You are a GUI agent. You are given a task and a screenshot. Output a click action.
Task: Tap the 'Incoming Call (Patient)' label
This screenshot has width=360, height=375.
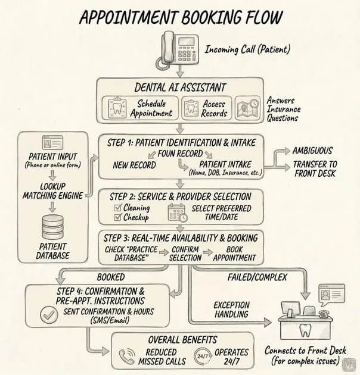point(247,49)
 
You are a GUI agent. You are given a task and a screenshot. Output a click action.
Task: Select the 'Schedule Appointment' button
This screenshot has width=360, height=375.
point(140,108)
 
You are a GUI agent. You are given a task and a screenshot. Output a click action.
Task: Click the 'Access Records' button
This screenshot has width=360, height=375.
point(207,108)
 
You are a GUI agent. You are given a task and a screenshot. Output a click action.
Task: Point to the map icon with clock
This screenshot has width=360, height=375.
point(247,108)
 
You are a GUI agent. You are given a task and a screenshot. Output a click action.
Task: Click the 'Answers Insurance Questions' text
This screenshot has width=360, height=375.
point(284,109)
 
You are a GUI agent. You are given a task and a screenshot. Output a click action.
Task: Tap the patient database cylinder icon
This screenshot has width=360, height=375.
point(52,227)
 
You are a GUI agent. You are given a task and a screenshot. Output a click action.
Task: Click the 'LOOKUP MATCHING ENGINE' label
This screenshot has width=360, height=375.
point(52,191)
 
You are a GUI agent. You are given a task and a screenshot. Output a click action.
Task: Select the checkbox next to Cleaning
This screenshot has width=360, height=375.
point(117,208)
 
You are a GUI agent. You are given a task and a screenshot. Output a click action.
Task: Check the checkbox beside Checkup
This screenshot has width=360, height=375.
point(117,217)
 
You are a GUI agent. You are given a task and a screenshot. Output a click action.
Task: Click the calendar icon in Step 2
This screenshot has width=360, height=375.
point(178,212)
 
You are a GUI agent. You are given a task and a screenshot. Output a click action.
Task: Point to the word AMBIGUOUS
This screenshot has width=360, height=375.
point(312,151)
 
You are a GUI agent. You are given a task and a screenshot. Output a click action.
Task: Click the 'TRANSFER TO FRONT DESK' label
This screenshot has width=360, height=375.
point(315,168)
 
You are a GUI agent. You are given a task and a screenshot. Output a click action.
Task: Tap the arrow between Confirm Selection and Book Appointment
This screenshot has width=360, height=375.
point(207,252)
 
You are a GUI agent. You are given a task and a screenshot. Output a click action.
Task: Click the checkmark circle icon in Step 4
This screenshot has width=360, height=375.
point(49,315)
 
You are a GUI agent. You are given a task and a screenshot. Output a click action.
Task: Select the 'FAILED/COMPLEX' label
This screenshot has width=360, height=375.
point(257,277)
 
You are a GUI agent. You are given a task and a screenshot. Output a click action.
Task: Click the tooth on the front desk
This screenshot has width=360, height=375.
point(305,330)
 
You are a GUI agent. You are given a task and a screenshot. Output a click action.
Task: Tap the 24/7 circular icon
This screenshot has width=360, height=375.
point(203,357)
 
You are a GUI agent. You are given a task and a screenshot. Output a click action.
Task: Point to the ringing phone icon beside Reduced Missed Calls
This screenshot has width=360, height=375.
point(127,356)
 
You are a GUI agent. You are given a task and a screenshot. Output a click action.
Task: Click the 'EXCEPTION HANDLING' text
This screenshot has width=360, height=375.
point(231,310)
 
